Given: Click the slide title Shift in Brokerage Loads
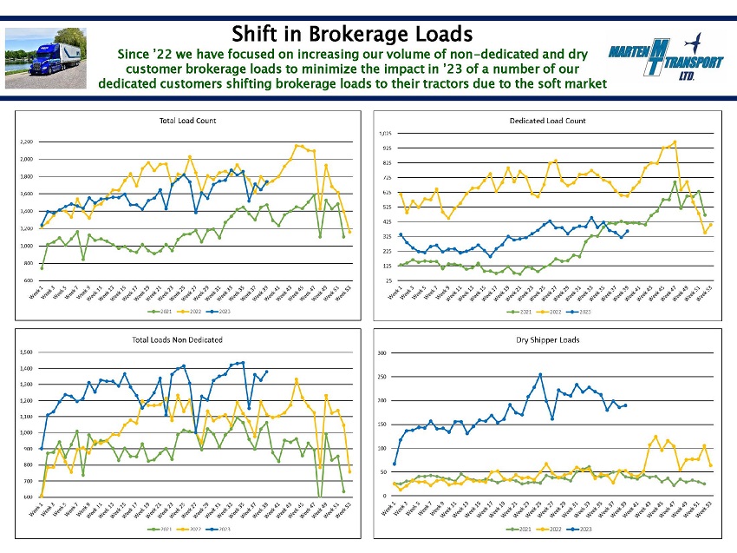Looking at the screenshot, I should [351, 34].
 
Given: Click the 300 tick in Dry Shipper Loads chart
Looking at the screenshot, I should [382, 353].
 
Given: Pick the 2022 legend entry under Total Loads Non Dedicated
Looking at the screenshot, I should [197, 528].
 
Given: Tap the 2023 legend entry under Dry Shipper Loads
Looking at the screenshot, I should [584, 528].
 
